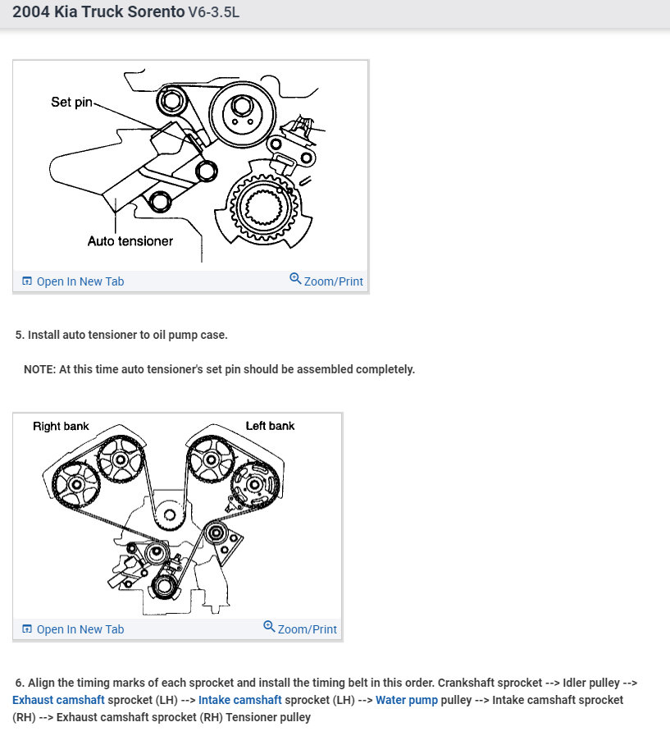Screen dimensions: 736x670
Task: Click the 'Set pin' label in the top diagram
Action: [72, 103]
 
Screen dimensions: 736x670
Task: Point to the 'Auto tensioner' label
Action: [130, 241]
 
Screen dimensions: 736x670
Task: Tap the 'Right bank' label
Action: [61, 426]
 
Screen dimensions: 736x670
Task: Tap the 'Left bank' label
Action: [270, 426]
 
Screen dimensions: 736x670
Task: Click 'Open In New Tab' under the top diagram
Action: [80, 281]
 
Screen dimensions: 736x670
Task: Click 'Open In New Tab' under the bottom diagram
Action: [80, 629]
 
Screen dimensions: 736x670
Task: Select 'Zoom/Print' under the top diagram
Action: [333, 281]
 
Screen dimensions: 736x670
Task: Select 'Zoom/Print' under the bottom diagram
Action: [307, 629]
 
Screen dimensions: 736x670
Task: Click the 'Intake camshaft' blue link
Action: [239, 700]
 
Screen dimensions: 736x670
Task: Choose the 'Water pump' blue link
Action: [406, 700]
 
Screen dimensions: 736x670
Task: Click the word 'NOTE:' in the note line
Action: [39, 369]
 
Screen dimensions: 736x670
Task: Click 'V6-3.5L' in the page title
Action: [213, 14]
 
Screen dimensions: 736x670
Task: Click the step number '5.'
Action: [21, 335]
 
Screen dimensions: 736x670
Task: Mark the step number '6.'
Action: [21, 683]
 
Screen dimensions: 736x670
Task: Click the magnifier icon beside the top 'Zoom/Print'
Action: [295, 279]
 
